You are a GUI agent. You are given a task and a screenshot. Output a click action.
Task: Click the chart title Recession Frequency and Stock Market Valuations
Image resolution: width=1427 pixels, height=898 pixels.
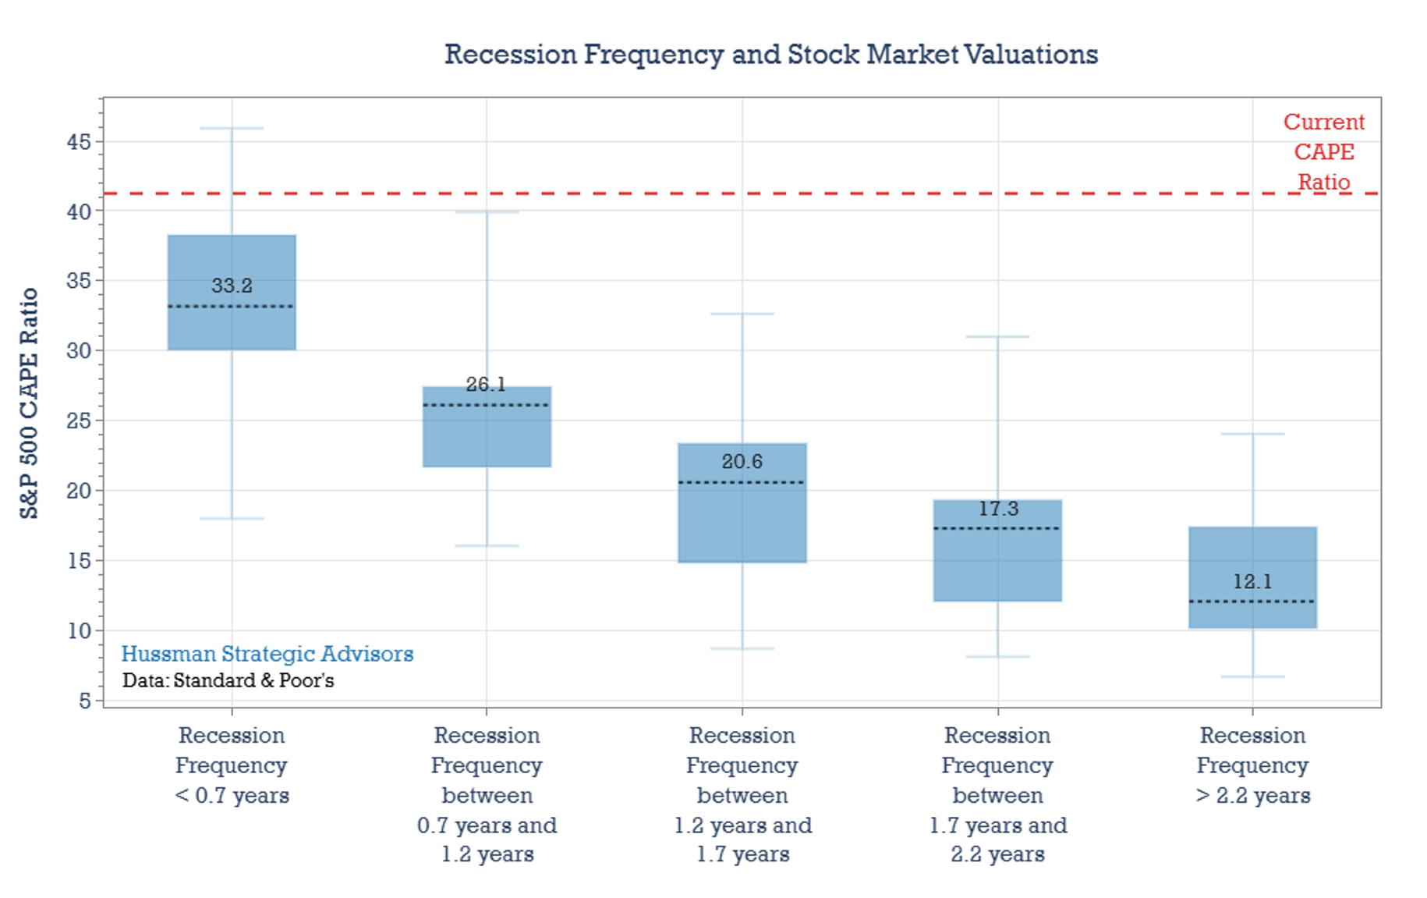tap(770, 55)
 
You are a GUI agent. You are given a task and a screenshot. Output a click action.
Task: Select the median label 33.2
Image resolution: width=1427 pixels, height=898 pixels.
tap(232, 286)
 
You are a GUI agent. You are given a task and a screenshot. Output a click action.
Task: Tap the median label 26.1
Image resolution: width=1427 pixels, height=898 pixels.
tap(486, 384)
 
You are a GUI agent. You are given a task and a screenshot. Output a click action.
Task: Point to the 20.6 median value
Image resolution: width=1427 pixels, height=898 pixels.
tap(742, 462)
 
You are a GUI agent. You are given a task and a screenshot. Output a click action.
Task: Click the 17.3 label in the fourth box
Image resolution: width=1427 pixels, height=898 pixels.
tap(998, 509)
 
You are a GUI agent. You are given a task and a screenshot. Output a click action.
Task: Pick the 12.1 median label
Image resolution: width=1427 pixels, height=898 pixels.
tap(1252, 581)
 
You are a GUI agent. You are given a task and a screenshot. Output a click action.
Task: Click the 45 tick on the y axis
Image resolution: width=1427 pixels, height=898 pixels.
tap(79, 141)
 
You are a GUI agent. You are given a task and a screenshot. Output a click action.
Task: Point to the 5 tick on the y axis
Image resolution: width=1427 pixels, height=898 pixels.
tap(85, 700)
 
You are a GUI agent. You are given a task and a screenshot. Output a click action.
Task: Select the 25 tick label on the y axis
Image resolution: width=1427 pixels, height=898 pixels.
tap(79, 421)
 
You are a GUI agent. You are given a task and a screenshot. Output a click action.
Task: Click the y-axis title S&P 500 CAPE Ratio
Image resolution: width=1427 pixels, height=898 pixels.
tap(29, 403)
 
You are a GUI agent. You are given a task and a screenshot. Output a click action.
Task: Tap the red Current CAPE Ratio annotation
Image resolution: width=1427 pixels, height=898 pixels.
tap(1323, 151)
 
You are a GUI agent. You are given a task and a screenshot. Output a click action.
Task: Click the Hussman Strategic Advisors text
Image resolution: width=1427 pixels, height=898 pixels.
tap(267, 654)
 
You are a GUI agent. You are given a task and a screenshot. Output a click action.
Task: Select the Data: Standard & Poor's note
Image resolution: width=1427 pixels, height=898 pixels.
tap(228, 680)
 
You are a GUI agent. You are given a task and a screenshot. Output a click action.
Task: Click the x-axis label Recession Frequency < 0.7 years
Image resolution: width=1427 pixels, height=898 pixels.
tap(232, 765)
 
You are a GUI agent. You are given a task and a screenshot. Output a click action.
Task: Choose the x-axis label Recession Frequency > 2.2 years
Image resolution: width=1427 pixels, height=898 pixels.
tap(1252, 765)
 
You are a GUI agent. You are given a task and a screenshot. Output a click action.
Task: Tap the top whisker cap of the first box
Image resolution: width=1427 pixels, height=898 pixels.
tap(232, 128)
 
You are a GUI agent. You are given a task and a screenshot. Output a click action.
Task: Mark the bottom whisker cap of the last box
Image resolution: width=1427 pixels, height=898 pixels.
tap(1252, 676)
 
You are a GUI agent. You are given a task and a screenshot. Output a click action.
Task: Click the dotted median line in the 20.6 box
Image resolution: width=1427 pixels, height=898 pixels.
tap(742, 482)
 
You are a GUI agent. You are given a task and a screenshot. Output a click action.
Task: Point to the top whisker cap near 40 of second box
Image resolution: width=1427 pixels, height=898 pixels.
tap(487, 211)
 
